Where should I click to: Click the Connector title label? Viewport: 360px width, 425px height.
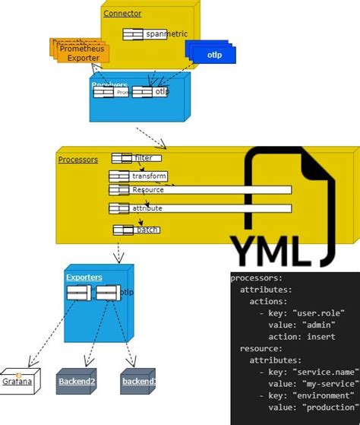[122, 14]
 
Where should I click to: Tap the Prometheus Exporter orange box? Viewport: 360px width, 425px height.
[84, 53]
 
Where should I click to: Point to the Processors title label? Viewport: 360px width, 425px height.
[78, 160]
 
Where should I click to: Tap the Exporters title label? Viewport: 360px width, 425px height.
[84, 278]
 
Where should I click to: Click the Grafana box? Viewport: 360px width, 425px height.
[17, 381]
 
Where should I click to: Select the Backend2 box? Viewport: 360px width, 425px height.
[76, 381]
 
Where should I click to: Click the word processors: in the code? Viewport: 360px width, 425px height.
[257, 278]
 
